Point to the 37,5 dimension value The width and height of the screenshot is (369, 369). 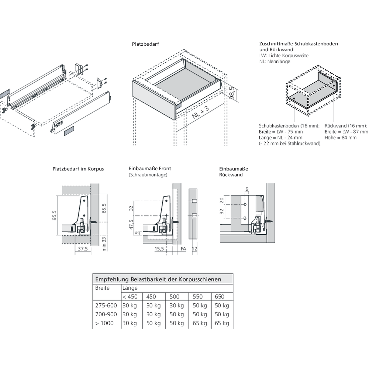[83, 249]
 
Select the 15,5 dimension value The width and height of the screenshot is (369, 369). [159, 249]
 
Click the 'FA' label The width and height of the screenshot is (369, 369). [183, 249]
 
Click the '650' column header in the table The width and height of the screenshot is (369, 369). [219, 297]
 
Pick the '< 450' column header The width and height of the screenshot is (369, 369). [130, 297]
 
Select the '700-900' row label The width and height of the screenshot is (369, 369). [106, 314]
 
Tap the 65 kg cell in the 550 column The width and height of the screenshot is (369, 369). [200, 323]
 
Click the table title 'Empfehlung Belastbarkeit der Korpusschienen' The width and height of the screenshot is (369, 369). [158, 279]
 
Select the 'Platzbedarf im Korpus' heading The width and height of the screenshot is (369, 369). [78, 169]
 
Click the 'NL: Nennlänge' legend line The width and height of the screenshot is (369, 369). [275, 61]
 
